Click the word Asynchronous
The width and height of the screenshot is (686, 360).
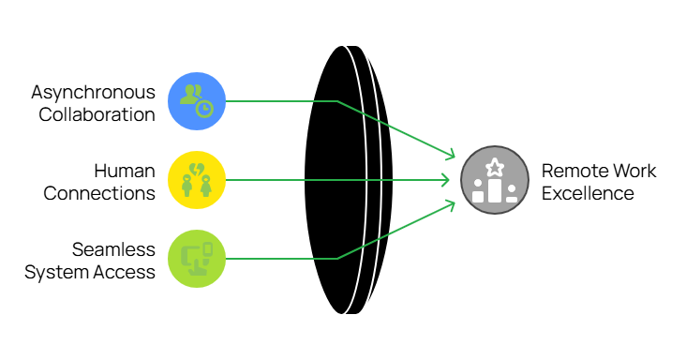click(93, 93)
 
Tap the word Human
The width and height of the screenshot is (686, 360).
click(125, 172)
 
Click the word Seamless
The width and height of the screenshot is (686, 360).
click(113, 250)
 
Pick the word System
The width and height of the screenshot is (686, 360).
click(54, 273)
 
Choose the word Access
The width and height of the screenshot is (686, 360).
click(122, 273)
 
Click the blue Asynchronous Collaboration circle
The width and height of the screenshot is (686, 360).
click(197, 100)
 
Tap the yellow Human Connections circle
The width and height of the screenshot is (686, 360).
click(197, 179)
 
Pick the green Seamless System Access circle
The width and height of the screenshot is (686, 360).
click(197, 258)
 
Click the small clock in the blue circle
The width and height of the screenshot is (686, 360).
click(204, 108)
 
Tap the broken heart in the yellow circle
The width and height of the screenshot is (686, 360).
click(198, 169)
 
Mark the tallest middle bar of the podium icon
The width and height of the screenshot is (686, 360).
click(494, 190)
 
